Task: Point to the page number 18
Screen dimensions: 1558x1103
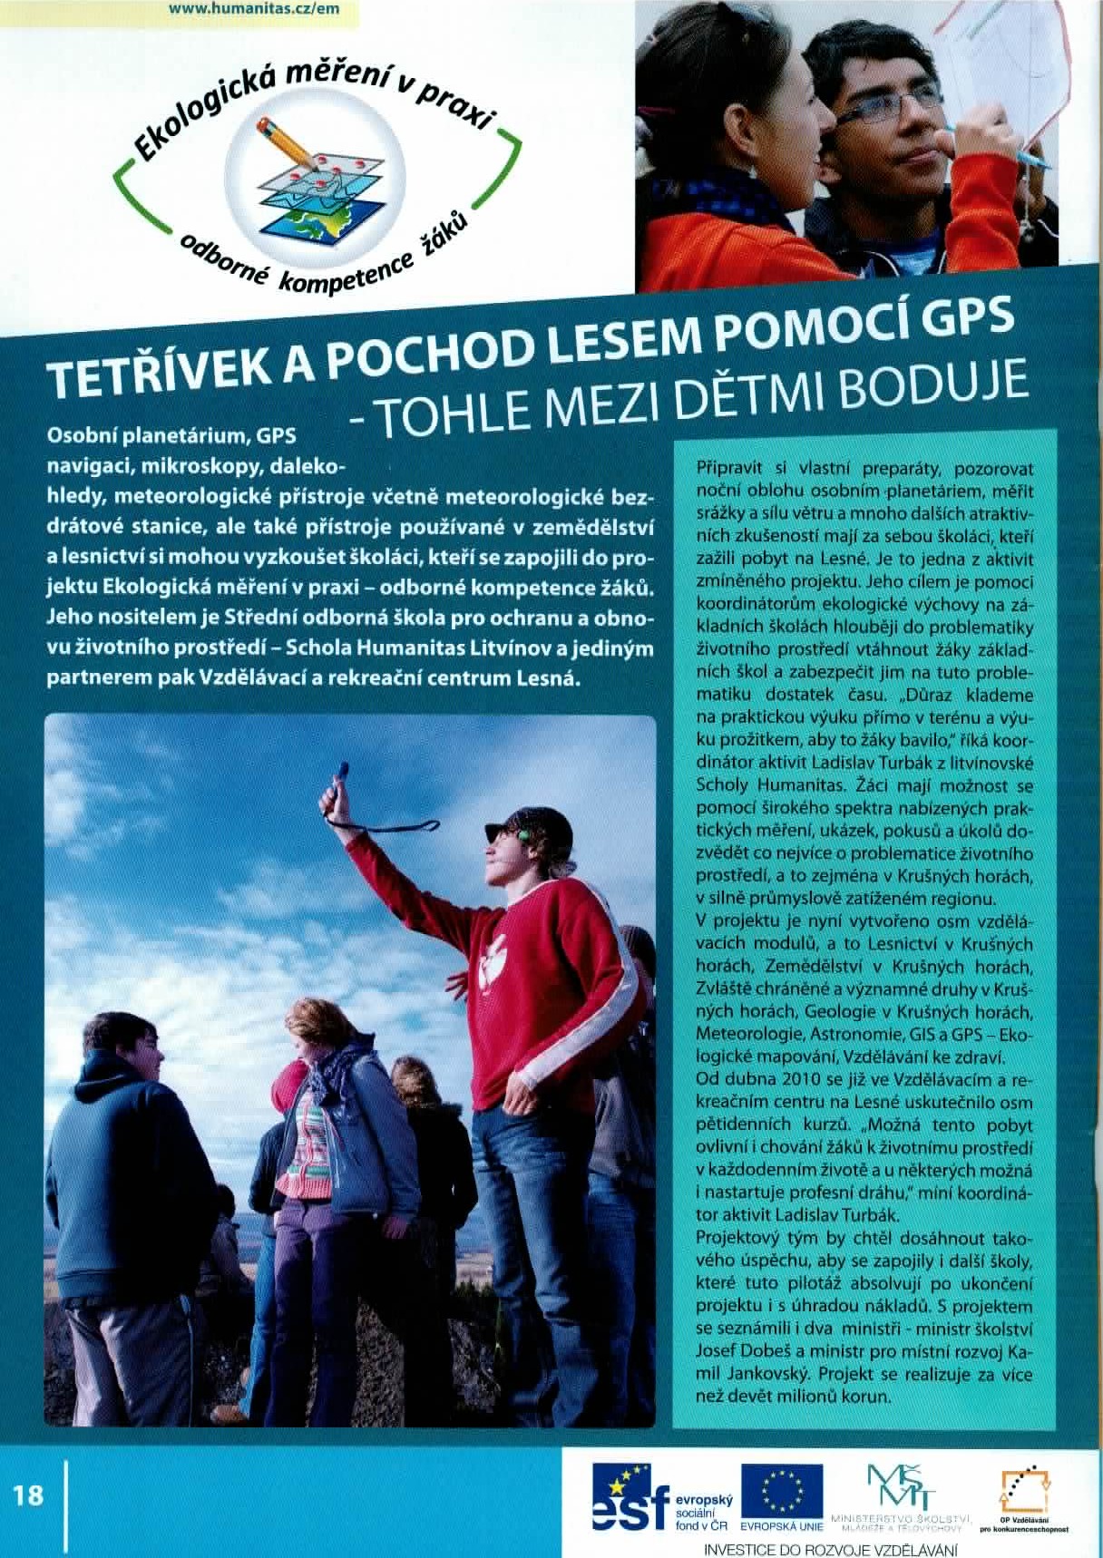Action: pos(29,1494)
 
